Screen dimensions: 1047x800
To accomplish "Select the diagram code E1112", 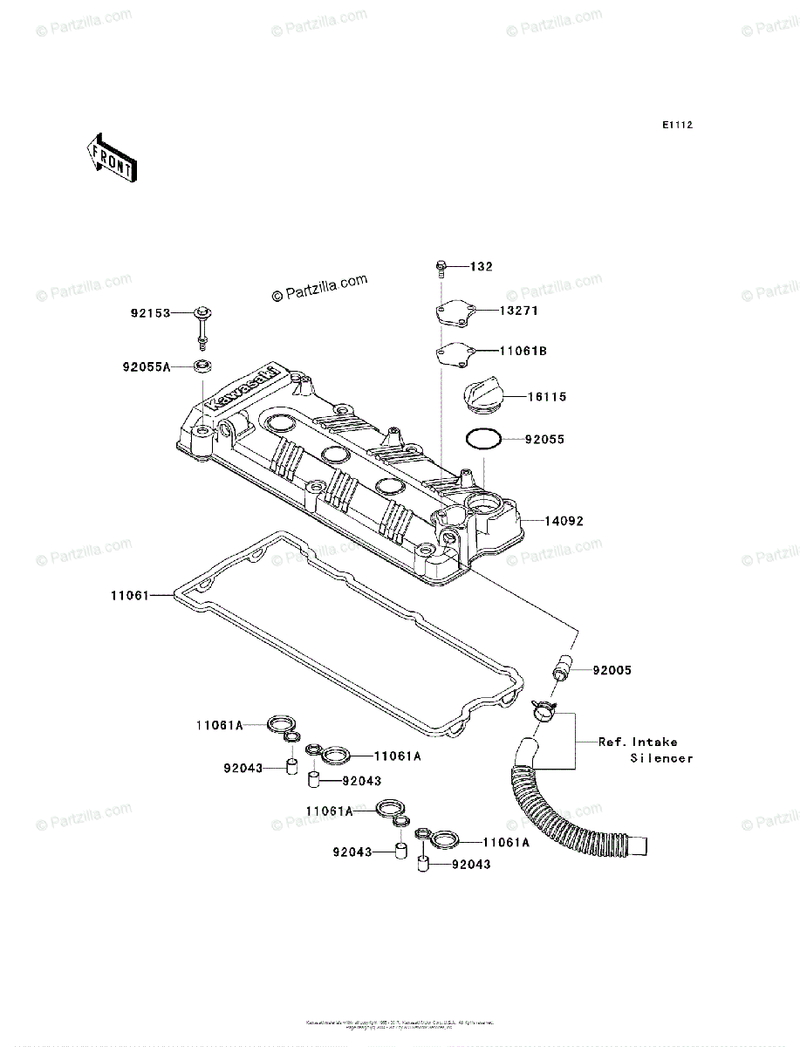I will [x=676, y=126].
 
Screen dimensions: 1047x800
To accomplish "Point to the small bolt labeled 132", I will [x=441, y=266].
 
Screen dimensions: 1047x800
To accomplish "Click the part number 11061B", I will [x=523, y=351].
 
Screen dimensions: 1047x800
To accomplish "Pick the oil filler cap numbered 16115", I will [x=481, y=396].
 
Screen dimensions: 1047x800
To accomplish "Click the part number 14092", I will [x=564, y=521].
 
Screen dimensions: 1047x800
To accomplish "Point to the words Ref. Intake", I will [x=637, y=742].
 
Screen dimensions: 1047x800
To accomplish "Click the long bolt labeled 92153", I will [x=202, y=328].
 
